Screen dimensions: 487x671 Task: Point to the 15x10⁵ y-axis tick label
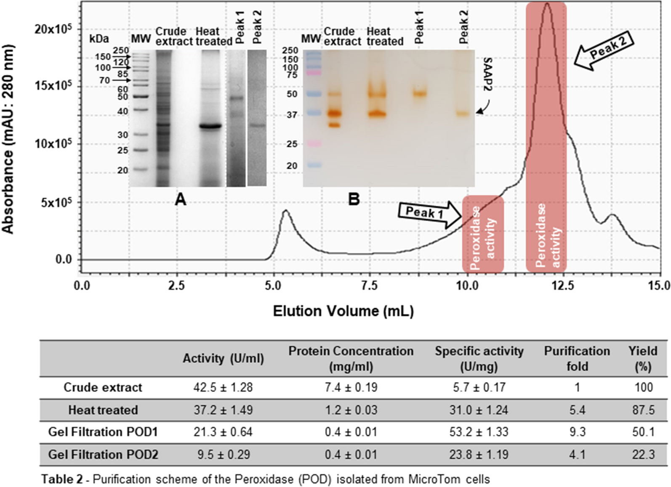(53, 86)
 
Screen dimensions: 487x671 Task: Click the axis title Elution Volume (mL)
(343, 311)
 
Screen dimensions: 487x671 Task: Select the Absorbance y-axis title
(8, 139)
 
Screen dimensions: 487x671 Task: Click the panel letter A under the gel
(180, 199)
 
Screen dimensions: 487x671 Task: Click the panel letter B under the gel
(354, 199)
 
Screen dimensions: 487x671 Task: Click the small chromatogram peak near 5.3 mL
(285, 211)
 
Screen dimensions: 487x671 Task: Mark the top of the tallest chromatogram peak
(547, 4)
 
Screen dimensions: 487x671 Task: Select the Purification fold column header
(577, 358)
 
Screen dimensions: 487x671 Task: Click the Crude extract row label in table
(103, 387)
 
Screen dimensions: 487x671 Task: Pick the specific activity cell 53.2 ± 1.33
(479, 432)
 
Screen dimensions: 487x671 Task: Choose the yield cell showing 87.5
(643, 410)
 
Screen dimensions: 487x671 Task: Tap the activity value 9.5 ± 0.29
(223, 454)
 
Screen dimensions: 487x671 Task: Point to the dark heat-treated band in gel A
(210, 126)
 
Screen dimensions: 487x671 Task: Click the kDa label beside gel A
(99, 39)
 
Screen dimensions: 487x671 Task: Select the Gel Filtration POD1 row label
(103, 432)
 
